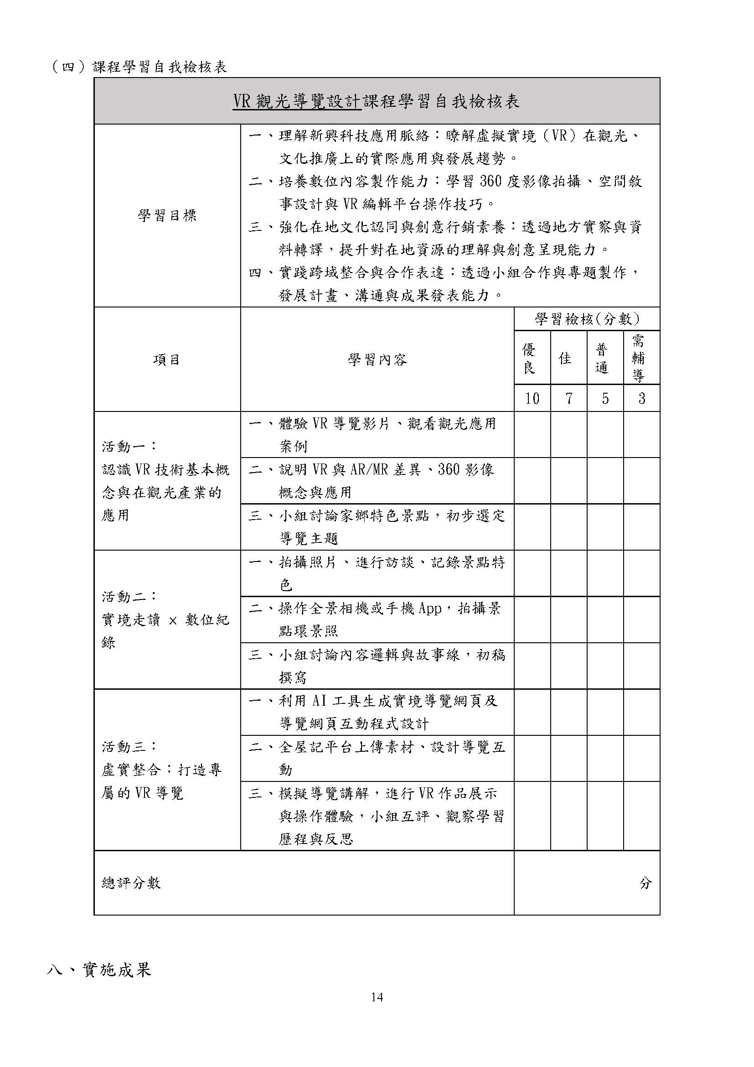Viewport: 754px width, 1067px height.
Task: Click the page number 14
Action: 377,997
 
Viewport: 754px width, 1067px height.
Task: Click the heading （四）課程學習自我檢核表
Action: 139,68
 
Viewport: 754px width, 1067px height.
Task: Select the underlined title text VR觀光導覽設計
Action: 297,101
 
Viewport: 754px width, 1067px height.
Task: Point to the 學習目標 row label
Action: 167,215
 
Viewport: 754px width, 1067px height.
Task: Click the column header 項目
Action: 167,359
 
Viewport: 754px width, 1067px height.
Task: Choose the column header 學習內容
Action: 377,359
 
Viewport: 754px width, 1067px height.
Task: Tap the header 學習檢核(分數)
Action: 587,319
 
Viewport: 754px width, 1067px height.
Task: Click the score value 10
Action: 532,398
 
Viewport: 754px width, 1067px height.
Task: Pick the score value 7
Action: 569,398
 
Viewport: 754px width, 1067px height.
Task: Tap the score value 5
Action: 605,398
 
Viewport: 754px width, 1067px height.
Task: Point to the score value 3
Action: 642,398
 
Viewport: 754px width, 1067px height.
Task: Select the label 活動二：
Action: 129,597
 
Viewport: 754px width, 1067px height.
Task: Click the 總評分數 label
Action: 131,883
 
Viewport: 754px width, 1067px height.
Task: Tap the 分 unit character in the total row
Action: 646,883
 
